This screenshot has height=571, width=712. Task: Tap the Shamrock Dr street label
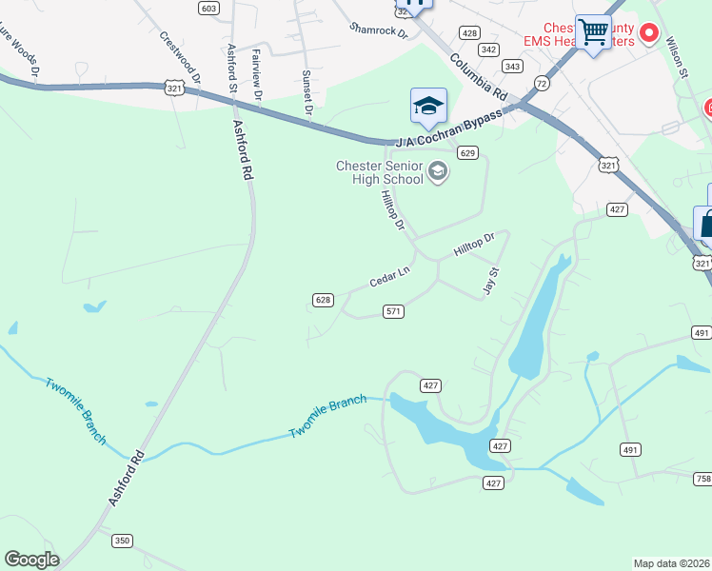(378, 31)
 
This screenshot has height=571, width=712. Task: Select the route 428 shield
(469, 32)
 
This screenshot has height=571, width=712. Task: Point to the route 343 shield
(512, 66)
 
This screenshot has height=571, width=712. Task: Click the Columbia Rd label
(479, 76)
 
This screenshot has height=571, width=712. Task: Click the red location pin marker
(650, 33)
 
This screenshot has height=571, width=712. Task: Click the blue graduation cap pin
(428, 105)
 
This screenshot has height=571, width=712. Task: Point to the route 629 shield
(466, 152)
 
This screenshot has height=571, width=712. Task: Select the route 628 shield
(323, 300)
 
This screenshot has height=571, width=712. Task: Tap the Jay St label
(492, 281)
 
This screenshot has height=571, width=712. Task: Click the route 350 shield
(122, 541)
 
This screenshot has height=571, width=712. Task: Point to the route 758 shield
(702, 478)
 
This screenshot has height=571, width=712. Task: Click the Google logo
(32, 560)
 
